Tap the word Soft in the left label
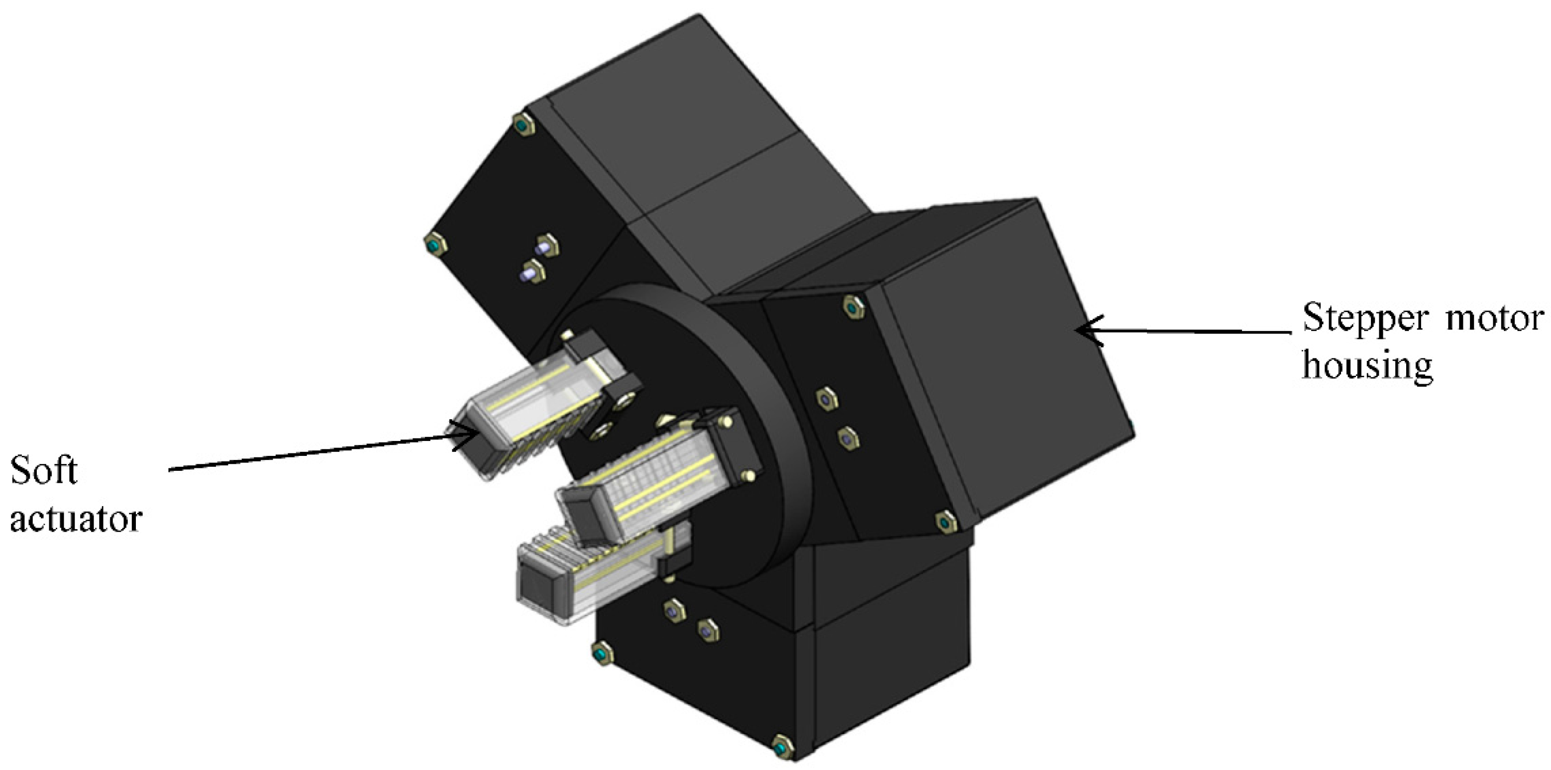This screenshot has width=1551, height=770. click(x=43, y=471)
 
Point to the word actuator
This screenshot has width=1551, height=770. click(x=76, y=518)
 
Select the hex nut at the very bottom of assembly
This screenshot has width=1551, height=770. click(x=783, y=748)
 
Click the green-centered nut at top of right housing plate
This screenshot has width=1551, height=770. click(x=852, y=307)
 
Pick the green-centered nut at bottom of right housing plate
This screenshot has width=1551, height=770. click(x=946, y=522)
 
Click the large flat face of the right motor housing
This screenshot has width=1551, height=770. click(x=1000, y=361)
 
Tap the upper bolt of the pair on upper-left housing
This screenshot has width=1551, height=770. click(x=547, y=246)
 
